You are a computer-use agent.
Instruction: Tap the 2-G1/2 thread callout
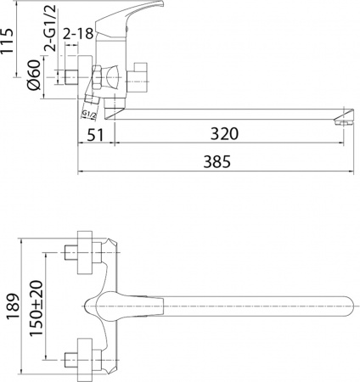53,39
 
